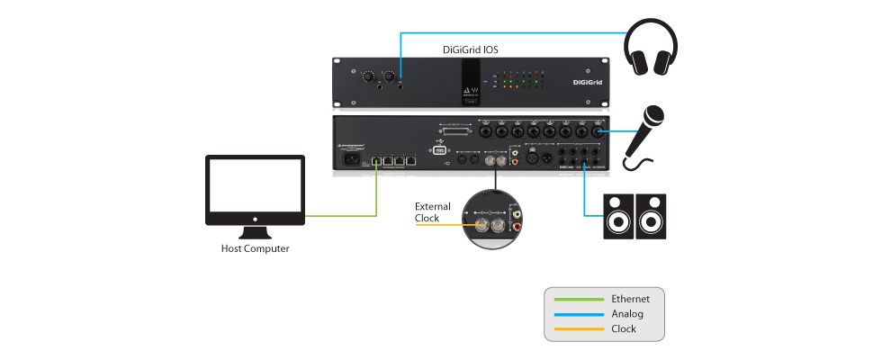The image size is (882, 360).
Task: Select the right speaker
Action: tap(653, 217)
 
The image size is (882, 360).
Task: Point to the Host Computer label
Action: tap(256, 247)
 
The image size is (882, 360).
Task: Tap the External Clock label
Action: tap(432, 212)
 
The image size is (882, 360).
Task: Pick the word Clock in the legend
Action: tap(624, 329)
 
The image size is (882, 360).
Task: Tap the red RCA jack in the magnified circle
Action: tap(516, 228)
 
